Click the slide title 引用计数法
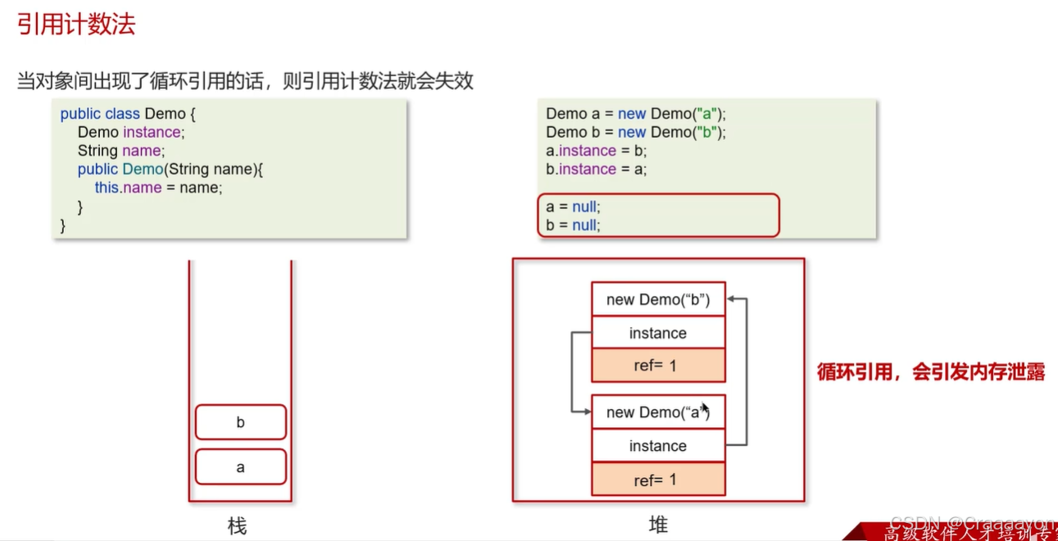click(76, 25)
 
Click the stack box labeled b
click(240, 423)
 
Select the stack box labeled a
click(240, 467)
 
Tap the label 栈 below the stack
click(237, 525)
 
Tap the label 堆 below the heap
click(658, 525)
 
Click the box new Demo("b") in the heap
click(658, 300)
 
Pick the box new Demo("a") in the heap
click(658, 412)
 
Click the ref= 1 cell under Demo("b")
click(658, 366)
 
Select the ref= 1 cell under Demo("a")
click(658, 480)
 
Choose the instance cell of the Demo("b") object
click(658, 333)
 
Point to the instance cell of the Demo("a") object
click(658, 446)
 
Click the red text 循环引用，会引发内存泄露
click(931, 371)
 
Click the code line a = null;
click(573, 207)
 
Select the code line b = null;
click(573, 225)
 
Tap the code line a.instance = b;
click(597, 151)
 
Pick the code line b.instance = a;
click(597, 170)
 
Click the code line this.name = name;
click(158, 188)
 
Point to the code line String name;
click(121, 151)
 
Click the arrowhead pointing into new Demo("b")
click(731, 300)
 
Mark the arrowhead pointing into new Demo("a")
click(586, 411)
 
